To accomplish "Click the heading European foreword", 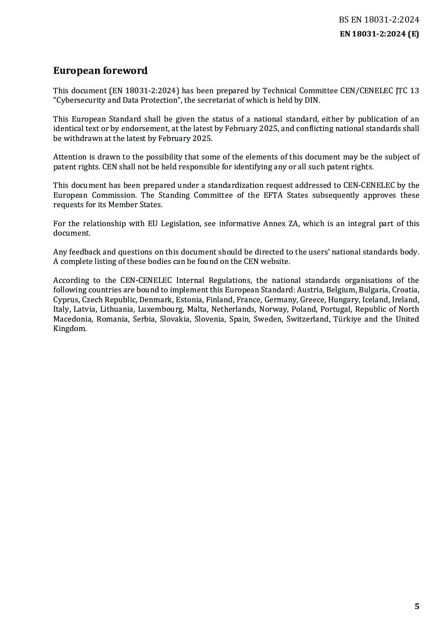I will pyautogui.click(x=100, y=71).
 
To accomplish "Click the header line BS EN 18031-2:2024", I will pyautogui.click(x=379, y=20).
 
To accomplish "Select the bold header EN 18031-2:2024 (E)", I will pyautogui.click(x=379, y=34).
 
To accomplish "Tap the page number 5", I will pyautogui.click(x=417, y=606).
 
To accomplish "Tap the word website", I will pyautogui.click(x=274, y=262).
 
